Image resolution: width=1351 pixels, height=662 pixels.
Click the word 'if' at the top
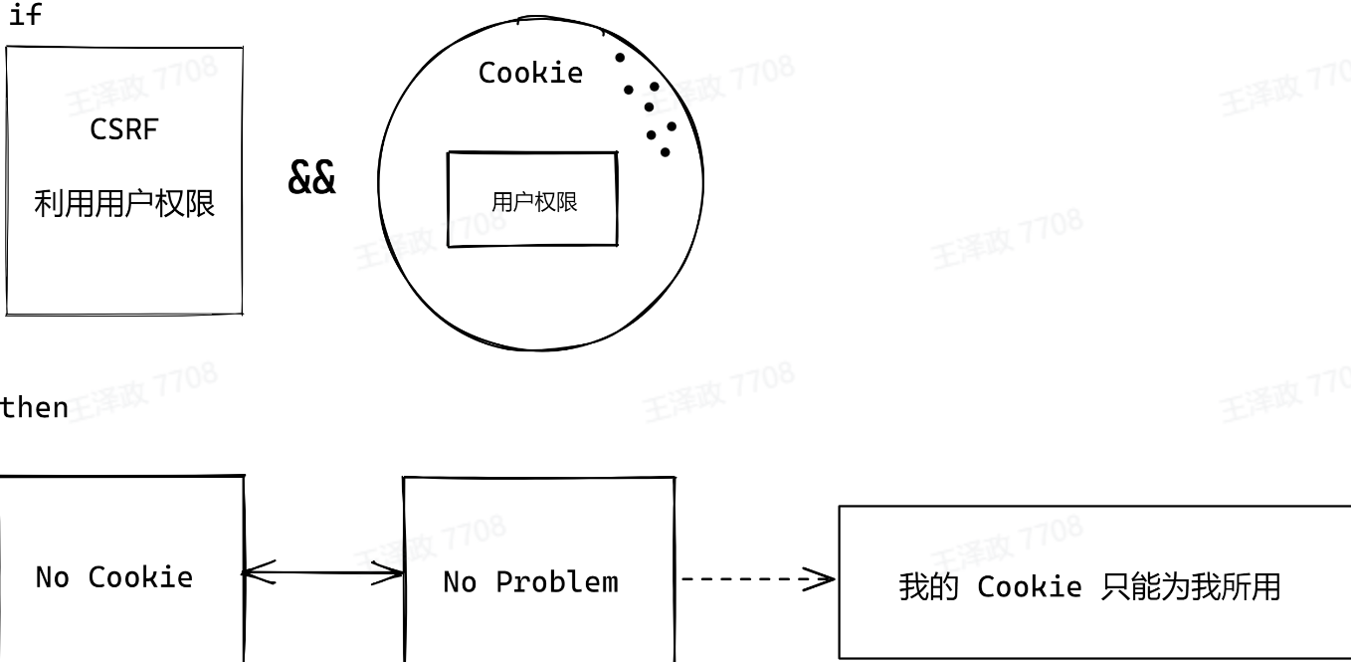point(25,16)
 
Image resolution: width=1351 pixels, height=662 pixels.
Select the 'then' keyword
point(35,407)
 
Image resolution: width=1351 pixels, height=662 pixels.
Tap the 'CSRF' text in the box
point(123,129)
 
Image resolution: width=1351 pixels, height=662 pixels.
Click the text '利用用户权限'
point(124,204)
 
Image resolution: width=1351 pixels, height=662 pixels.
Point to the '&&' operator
point(311,178)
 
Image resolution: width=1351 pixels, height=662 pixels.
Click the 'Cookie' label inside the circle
point(530,73)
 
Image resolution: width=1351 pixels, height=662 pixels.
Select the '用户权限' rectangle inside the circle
point(532,199)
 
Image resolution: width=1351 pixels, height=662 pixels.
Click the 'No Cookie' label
point(113,577)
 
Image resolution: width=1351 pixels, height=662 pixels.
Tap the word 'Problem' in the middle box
point(556,582)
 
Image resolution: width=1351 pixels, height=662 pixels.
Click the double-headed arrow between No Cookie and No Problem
point(323,573)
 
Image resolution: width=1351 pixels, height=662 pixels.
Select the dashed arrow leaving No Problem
point(756,578)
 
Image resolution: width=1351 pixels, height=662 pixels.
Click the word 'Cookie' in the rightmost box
point(1029,587)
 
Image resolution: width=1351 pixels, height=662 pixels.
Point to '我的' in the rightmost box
point(927,587)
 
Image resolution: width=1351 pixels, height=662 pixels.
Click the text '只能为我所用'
point(1190,587)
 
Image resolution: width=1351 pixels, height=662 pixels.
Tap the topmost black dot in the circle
point(620,58)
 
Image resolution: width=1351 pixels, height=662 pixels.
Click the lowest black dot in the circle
point(665,152)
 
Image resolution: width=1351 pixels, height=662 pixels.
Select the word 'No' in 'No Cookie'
point(52,577)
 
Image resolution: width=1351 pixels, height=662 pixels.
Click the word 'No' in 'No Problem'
point(460,582)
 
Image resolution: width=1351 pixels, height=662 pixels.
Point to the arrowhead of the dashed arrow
point(825,578)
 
